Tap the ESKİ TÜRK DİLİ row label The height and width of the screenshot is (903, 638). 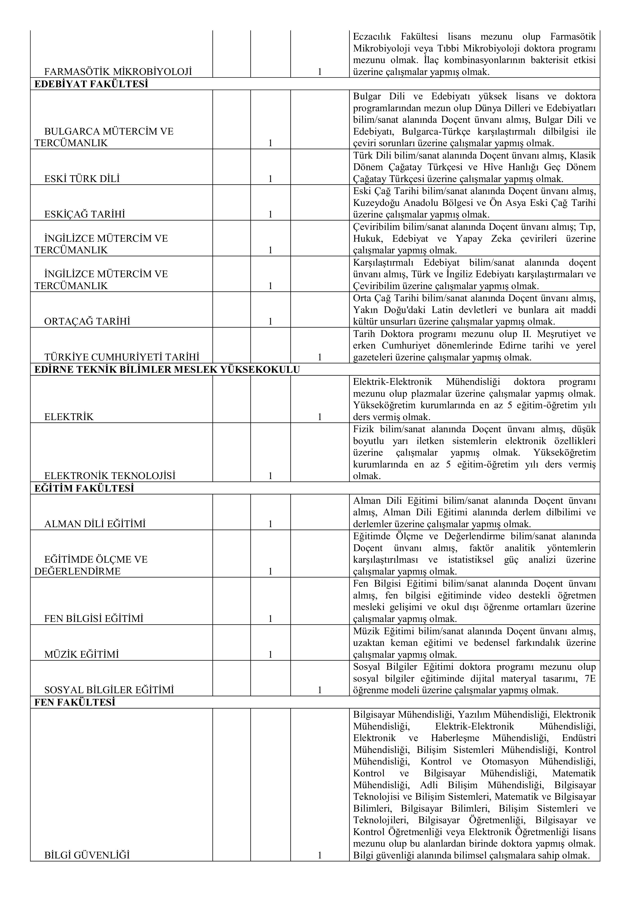[82, 179]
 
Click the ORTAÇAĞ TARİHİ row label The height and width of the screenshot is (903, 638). [87, 321]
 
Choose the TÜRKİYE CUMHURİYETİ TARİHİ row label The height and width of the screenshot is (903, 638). [122, 357]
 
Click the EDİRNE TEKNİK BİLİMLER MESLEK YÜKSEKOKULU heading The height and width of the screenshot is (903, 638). [167, 370]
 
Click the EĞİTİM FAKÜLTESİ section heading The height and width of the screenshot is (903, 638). [84, 489]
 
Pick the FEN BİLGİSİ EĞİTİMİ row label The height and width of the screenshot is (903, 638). [94, 619]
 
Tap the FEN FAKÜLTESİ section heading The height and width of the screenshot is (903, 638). [75, 702]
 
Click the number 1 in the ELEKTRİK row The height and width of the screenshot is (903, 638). [320, 417]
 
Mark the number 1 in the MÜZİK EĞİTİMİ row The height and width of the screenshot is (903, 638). [270, 654]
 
